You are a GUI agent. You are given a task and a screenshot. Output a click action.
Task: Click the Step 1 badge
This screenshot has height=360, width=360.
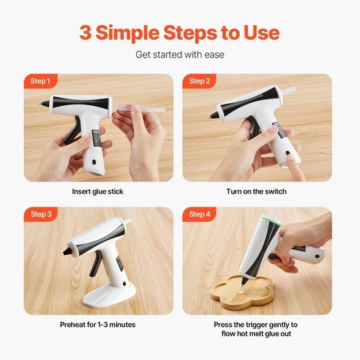(40, 81)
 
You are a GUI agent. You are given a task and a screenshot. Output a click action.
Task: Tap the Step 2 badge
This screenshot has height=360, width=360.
(199, 81)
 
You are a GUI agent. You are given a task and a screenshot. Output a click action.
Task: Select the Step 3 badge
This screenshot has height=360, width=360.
(40, 214)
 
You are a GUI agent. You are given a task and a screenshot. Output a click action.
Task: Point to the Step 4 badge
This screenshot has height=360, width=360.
(199, 214)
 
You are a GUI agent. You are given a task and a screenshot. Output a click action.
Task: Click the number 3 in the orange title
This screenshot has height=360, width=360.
(86, 32)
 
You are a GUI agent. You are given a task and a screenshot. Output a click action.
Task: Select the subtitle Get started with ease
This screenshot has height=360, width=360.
(180, 55)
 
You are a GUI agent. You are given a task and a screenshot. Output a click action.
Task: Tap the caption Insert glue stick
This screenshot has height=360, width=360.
(97, 192)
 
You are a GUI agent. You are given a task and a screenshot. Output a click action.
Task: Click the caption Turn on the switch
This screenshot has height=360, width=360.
(256, 192)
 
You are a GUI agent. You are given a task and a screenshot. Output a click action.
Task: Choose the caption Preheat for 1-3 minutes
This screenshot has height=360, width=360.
(98, 325)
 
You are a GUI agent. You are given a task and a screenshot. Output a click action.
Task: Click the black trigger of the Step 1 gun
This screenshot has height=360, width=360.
(73, 130)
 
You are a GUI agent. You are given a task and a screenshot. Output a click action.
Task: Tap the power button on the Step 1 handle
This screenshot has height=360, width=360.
(94, 162)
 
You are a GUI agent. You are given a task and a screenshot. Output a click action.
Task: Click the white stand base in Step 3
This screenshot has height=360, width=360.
(109, 295)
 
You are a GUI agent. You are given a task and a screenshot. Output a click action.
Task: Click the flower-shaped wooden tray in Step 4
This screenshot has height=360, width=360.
(242, 292)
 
